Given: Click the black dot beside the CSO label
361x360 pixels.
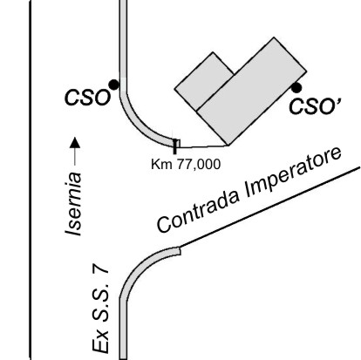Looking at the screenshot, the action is click(x=113, y=85).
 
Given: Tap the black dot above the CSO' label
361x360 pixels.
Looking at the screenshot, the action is click(x=296, y=88).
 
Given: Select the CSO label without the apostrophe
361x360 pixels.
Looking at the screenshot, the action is click(x=87, y=98).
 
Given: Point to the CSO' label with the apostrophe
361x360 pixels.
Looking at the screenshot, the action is click(x=315, y=105).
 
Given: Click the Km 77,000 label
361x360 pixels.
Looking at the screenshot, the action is click(x=186, y=165).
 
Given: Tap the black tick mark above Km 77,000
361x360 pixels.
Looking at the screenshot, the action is click(x=174, y=146).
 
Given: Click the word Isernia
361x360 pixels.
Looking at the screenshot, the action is click(x=73, y=204).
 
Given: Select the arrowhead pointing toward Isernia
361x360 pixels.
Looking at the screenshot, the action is click(x=76, y=142).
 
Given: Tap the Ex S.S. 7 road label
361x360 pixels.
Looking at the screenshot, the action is click(x=100, y=308).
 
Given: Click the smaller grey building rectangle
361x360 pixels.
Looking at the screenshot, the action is click(x=204, y=81).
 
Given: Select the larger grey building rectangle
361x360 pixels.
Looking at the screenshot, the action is click(x=252, y=92).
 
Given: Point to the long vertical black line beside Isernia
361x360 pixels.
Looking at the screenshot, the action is click(x=31, y=180).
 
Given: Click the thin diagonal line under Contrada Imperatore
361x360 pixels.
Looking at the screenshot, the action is click(x=270, y=207).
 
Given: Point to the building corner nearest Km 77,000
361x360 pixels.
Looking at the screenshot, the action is click(x=228, y=146).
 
